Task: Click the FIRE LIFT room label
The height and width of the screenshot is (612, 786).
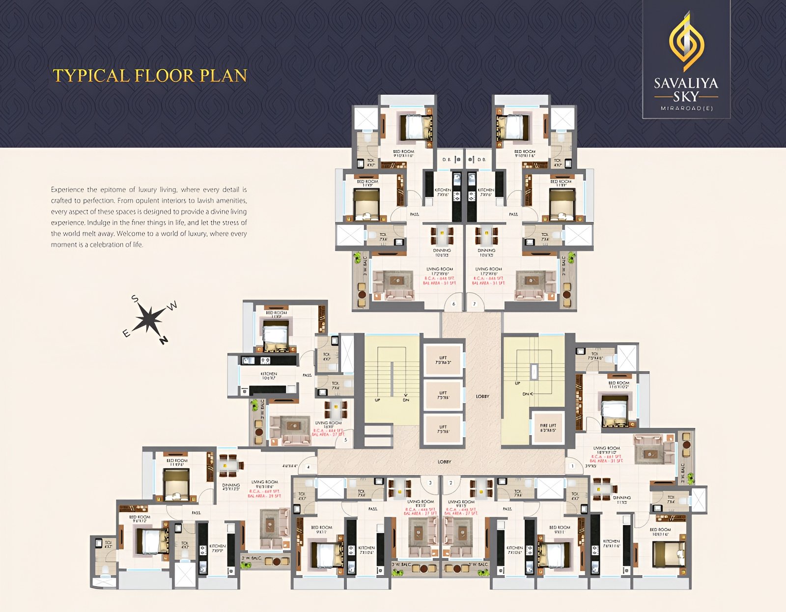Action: (548, 427)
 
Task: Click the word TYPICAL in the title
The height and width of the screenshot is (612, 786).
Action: (91, 76)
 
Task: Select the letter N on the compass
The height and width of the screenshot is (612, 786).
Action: (164, 340)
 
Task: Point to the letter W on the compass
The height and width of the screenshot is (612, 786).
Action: (172, 306)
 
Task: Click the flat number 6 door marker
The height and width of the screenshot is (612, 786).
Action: (453, 304)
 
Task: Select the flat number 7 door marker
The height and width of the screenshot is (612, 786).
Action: (474, 304)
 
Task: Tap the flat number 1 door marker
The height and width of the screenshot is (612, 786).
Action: (572, 466)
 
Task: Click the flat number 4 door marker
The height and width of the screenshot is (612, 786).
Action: (308, 466)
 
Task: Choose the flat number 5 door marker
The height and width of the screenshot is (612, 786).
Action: (345, 440)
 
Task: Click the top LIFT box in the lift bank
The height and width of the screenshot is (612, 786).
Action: (443, 361)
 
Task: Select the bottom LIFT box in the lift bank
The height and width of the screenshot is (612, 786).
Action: (443, 429)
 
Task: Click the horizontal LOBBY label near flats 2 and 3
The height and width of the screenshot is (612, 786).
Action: (444, 462)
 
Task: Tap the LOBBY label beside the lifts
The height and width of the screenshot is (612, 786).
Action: (482, 396)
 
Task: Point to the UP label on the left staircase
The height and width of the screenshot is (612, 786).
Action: (377, 400)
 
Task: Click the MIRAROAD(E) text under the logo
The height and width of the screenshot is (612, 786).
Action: (686, 108)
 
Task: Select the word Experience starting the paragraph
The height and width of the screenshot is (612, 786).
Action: (67, 190)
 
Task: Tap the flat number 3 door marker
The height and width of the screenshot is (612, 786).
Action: (430, 483)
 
